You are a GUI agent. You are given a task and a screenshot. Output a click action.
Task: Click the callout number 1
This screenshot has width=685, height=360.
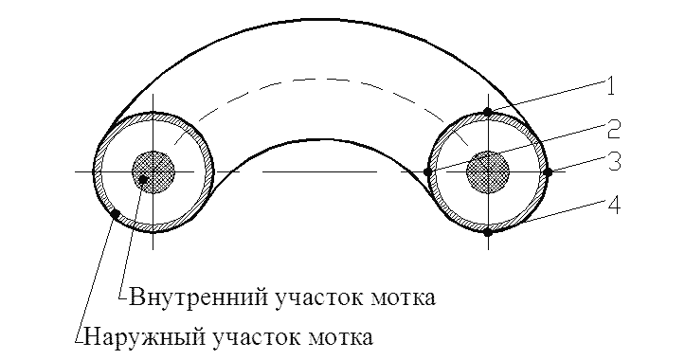tap(610, 86)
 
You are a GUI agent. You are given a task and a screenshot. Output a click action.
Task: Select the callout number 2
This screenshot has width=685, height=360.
tap(613, 130)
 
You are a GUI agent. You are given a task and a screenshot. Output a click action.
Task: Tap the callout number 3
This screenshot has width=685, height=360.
tap(614, 161)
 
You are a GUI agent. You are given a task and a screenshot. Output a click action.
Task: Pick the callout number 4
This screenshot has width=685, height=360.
tap(614, 206)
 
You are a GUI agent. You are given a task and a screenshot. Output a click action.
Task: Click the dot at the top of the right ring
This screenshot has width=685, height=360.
tap(488, 113)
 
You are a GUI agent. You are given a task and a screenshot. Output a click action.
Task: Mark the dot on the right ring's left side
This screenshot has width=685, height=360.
tap(428, 172)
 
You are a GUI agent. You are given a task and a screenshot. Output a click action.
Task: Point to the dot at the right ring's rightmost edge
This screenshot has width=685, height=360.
tap(548, 172)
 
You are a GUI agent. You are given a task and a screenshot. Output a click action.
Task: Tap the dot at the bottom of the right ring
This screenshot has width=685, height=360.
tap(488, 232)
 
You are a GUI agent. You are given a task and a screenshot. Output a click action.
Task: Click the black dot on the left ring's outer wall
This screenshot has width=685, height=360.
tap(116, 214)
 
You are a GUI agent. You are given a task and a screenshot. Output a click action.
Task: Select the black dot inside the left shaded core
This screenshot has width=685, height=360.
tap(143, 179)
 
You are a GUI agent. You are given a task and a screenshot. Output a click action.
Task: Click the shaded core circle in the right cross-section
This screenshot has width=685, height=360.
tap(488, 172)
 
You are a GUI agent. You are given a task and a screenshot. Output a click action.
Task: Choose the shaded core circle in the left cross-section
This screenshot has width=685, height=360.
tap(153, 172)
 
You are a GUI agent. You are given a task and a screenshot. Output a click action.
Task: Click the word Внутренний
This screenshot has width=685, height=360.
tap(199, 297)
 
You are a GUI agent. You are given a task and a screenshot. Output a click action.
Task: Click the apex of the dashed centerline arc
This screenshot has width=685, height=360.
tap(320, 79)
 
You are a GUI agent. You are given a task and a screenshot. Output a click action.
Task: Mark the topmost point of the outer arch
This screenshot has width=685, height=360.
tap(320, 20)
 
